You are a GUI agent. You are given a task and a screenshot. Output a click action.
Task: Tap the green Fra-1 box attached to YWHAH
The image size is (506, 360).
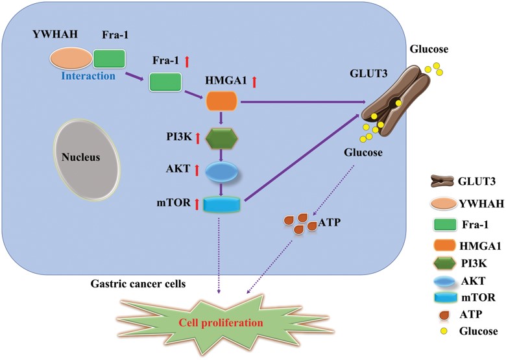point(109,59)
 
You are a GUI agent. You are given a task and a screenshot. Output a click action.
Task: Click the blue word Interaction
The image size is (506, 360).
point(88,76)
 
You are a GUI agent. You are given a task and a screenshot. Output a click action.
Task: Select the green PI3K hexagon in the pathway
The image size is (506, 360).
point(223,138)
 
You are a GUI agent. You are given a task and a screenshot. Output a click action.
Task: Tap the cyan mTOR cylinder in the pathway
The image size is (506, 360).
point(222,205)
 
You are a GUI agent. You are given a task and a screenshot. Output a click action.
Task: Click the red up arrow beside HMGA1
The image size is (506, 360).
point(254,82)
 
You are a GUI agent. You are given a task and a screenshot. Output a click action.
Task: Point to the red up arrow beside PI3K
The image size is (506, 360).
point(189,138)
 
